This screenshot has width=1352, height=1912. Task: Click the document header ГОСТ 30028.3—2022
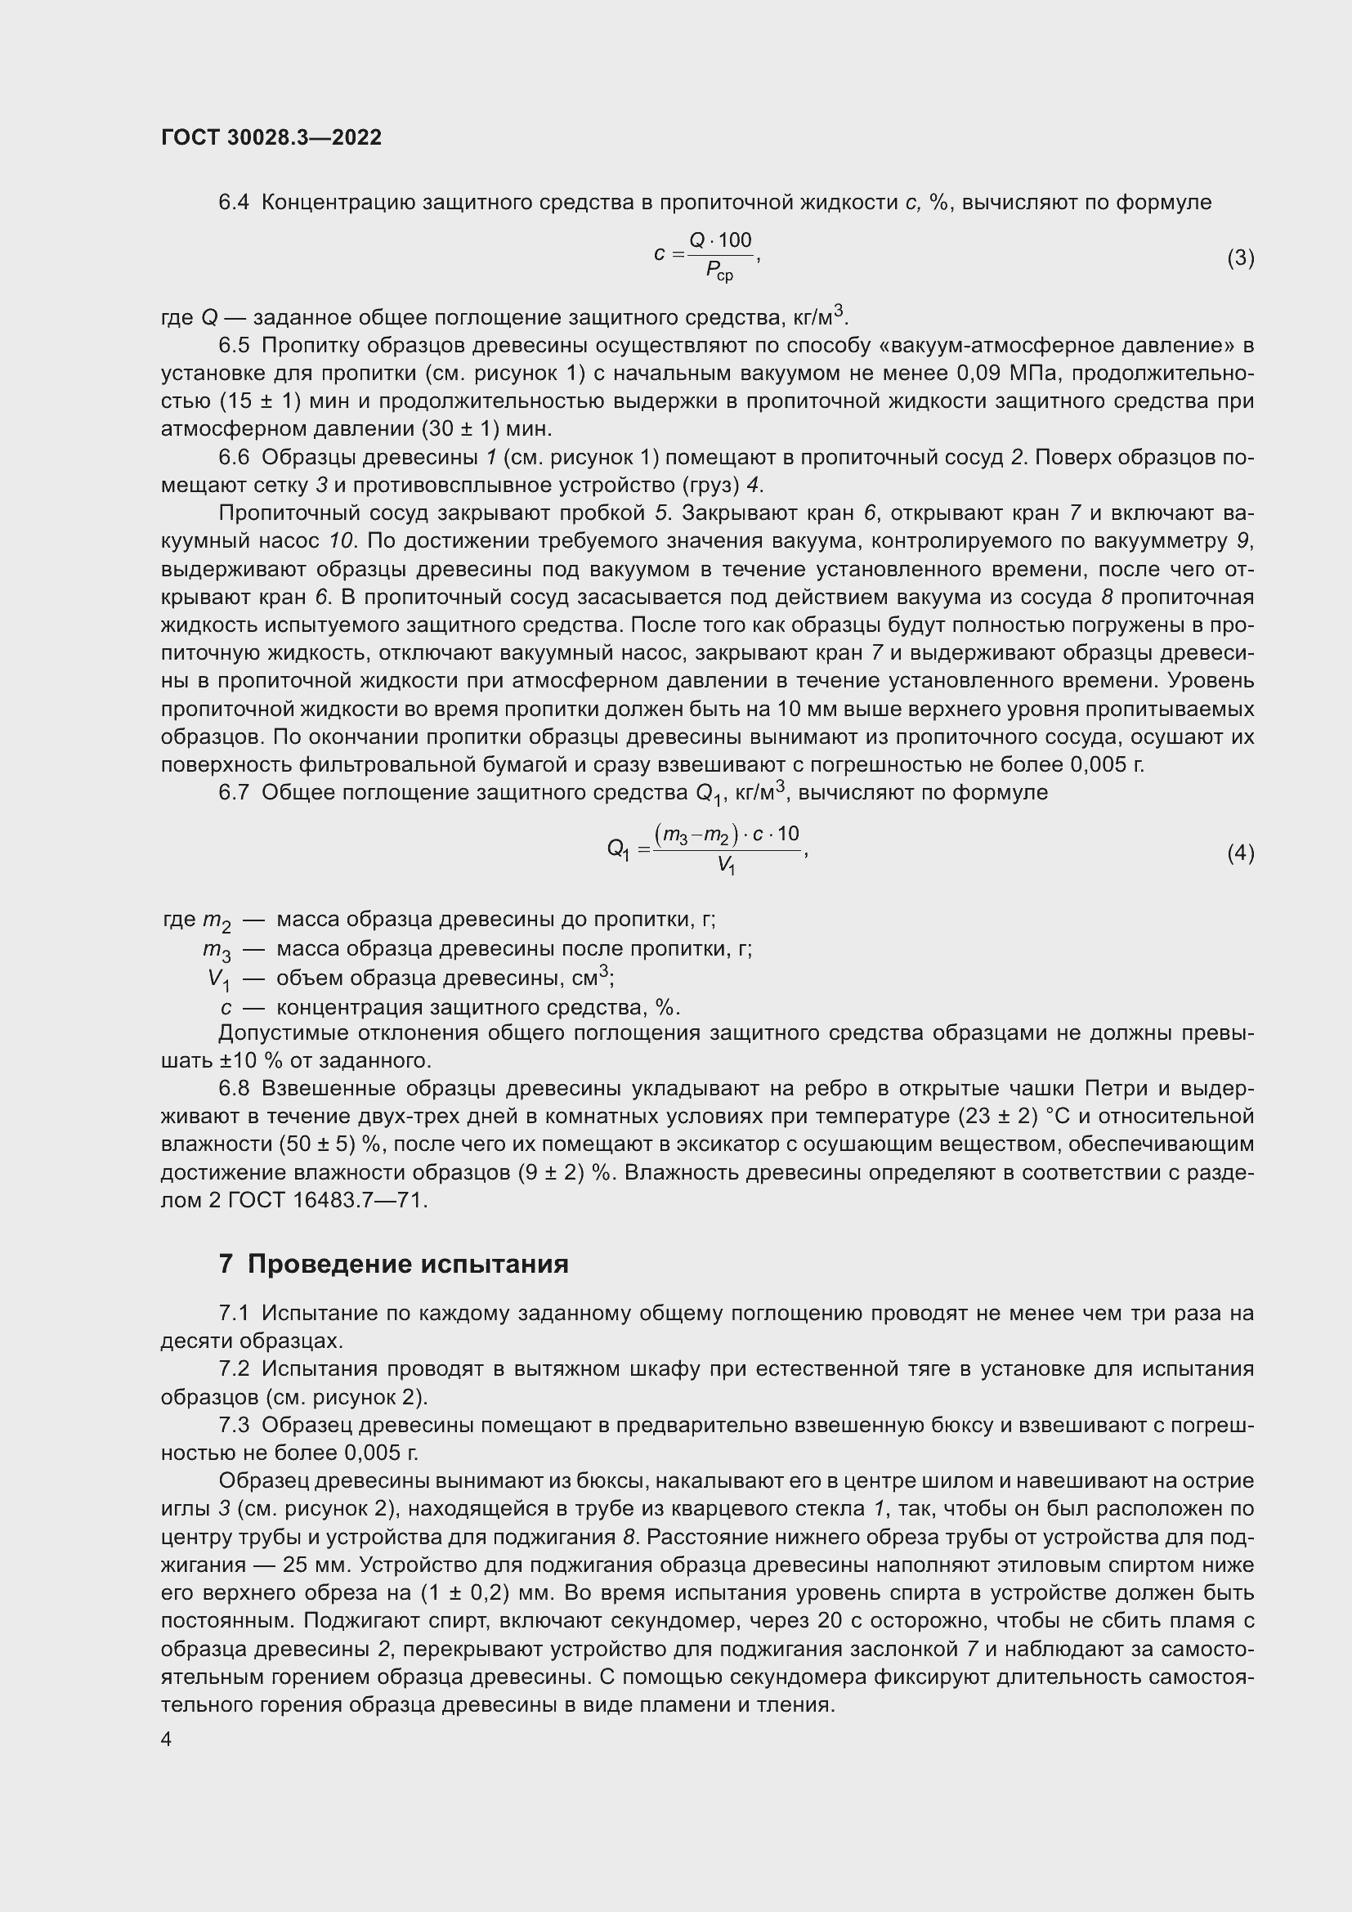pos(271,137)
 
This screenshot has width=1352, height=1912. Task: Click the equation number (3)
pos(1240,258)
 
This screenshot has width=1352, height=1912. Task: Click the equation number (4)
pos(1240,853)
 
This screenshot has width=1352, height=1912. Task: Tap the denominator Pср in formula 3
pos(719,271)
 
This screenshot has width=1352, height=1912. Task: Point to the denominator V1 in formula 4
pos(726,866)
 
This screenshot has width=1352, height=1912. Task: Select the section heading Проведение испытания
pos(408,1263)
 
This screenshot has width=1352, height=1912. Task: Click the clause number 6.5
pos(234,345)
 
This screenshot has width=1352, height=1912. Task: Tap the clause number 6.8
pos(234,1088)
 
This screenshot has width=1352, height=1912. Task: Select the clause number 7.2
pos(234,1369)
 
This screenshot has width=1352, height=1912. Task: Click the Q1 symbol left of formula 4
pos(619,849)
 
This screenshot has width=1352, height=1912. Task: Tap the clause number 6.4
pos(234,203)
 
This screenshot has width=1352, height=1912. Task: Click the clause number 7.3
pos(234,1425)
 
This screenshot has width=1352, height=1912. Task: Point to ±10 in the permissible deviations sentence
pos(239,1061)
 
